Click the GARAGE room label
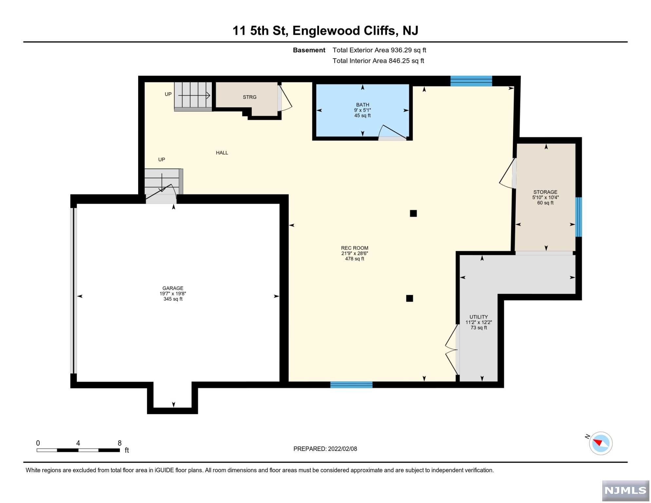tap(173, 289)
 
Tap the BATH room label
tap(363, 105)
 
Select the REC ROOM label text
tap(355, 248)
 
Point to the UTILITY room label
tap(479, 317)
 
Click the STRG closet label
tap(250, 97)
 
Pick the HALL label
tap(222, 153)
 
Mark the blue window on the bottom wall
tap(352, 385)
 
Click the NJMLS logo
tap(626, 491)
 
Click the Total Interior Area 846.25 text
tap(379, 61)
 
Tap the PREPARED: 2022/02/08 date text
tap(325, 449)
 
